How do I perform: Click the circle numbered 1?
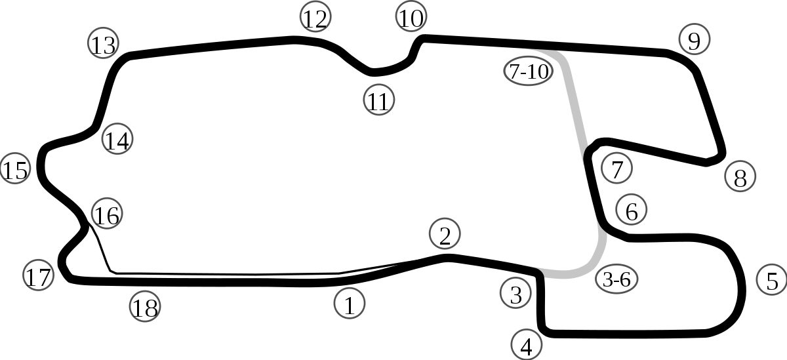pyautogui.click(x=350, y=304)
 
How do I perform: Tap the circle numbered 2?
pyautogui.click(x=445, y=234)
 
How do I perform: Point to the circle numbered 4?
pyautogui.click(x=527, y=344)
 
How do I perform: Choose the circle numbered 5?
pyautogui.click(x=771, y=279)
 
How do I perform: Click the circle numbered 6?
pyautogui.click(x=631, y=210)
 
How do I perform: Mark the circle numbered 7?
pyautogui.click(x=616, y=169)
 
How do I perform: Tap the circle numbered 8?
pyautogui.click(x=740, y=176)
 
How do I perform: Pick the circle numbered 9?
pyautogui.click(x=694, y=40)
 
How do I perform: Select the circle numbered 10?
pyautogui.click(x=411, y=17)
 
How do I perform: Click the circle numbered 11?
pyautogui.click(x=378, y=100)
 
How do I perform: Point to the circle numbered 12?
pyautogui.click(x=315, y=18)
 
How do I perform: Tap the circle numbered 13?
pyautogui.click(x=102, y=44)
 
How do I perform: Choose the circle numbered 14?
pyautogui.click(x=117, y=140)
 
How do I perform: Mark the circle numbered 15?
pyautogui.click(x=15, y=169)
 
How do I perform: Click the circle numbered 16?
pyautogui.click(x=106, y=213)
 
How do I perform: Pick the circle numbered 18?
pyautogui.click(x=145, y=306)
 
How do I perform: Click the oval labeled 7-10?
pyautogui.click(x=528, y=71)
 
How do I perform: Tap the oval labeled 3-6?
pyautogui.click(x=616, y=279)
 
